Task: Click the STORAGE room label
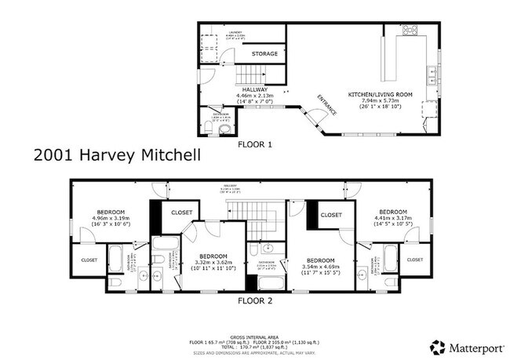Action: [x=264, y=54]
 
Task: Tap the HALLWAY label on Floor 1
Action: [x=255, y=89]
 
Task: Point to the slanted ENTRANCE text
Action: [x=326, y=104]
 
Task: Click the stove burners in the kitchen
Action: [x=410, y=31]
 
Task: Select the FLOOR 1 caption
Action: [x=255, y=144]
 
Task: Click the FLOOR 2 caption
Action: [x=255, y=300]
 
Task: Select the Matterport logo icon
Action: [x=437, y=346]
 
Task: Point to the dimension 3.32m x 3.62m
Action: [x=213, y=264]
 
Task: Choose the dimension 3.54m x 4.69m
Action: [x=321, y=267]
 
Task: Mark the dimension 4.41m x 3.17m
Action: [x=392, y=218]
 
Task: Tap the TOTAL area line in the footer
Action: [x=255, y=347]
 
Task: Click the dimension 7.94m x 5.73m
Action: [x=381, y=101]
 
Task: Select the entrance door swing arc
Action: [x=318, y=118]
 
